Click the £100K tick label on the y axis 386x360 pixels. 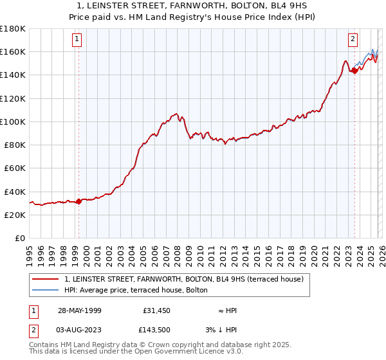tap(13, 122)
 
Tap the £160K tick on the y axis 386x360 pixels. tap(13, 51)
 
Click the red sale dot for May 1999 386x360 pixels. tap(78, 201)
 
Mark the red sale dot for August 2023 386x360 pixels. tap(354, 71)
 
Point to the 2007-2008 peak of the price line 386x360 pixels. tap(176, 113)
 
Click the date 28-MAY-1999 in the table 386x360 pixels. tap(79, 310)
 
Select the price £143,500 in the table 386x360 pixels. tap(157, 329)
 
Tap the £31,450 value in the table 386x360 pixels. tap(157, 310)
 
